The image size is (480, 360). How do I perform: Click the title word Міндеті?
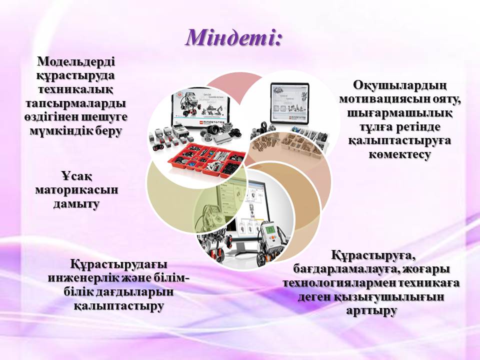pos(233,38)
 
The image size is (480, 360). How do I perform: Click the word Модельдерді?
pos(76,61)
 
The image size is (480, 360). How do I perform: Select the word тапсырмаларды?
pos(75,103)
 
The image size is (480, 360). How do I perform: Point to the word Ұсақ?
pos(76,176)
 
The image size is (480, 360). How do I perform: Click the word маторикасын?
pos(76,190)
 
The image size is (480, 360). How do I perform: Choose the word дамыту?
pos(76,204)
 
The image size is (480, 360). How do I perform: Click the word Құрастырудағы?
pos(119,264)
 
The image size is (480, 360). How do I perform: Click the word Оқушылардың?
pos(400,85)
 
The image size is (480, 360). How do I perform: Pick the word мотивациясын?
pos(379,99)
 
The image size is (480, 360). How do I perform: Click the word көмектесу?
pos(400,154)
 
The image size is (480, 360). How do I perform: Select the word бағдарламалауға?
pos(346,269)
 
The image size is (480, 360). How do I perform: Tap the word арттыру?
pos(371,310)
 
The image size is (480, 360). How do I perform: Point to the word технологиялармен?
pos(339,283)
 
